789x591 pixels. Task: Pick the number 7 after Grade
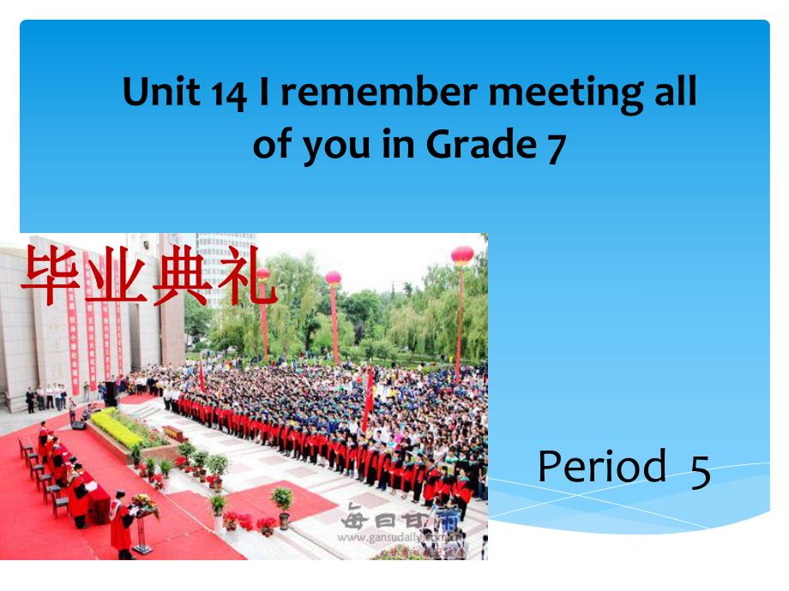(x=556, y=146)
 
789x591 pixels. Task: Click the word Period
(x=601, y=466)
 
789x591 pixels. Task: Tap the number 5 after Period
(x=700, y=470)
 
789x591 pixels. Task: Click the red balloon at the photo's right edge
(x=462, y=255)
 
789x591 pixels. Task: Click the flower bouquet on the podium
(x=144, y=505)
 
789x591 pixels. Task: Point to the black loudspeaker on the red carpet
(x=78, y=424)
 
